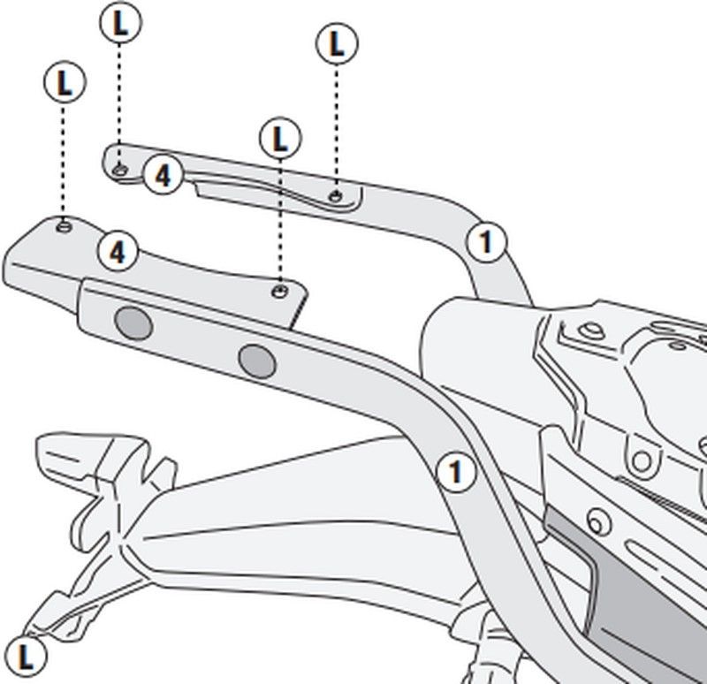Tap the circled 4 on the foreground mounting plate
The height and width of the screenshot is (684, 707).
coord(118,253)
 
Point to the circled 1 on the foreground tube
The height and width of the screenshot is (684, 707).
coord(455,473)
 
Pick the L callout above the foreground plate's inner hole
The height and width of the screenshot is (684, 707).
coord(280,139)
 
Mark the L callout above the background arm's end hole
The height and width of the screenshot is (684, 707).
coord(120,24)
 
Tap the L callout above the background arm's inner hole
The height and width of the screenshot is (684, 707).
coord(336,42)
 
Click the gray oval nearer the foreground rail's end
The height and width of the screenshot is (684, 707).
coord(134,324)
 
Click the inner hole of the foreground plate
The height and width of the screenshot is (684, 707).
coord(280,289)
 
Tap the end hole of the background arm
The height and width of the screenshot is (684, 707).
coord(121,168)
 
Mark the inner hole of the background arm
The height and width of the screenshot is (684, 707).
coord(335,194)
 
